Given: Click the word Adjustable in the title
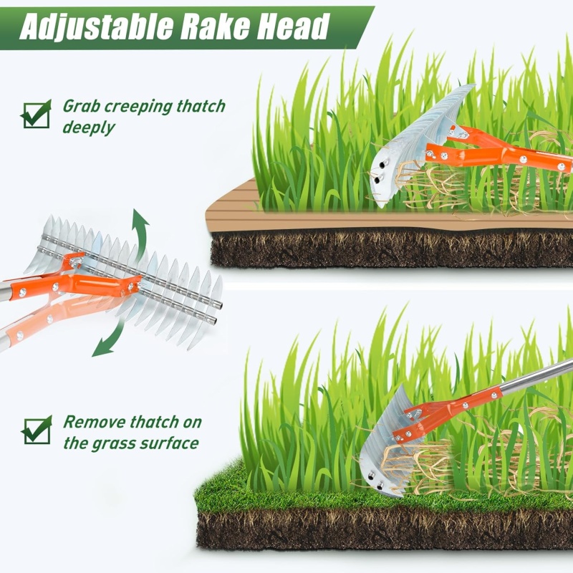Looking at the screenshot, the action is (97, 27).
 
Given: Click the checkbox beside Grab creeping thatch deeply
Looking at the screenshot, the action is (37, 114).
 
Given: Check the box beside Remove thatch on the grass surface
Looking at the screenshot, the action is (37, 430).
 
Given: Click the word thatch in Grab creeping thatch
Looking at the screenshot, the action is (201, 106).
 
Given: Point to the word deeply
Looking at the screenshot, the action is (89, 128).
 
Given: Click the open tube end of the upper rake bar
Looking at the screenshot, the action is (218, 304).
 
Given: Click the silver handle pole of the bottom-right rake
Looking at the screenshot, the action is (537, 377).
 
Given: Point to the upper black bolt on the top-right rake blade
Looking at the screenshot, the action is (383, 165).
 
